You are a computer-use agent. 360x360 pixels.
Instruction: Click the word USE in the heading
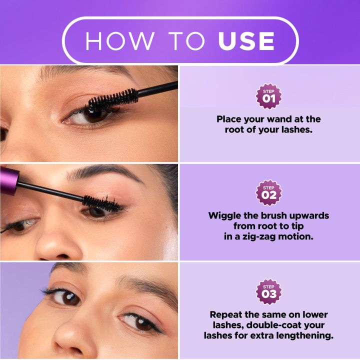(246, 40)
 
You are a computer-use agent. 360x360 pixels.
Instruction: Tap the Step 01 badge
(269, 96)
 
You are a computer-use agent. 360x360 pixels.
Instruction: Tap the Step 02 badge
(269, 193)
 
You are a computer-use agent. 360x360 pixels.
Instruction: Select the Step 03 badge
(269, 291)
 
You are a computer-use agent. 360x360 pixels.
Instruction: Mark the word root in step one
(235, 129)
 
